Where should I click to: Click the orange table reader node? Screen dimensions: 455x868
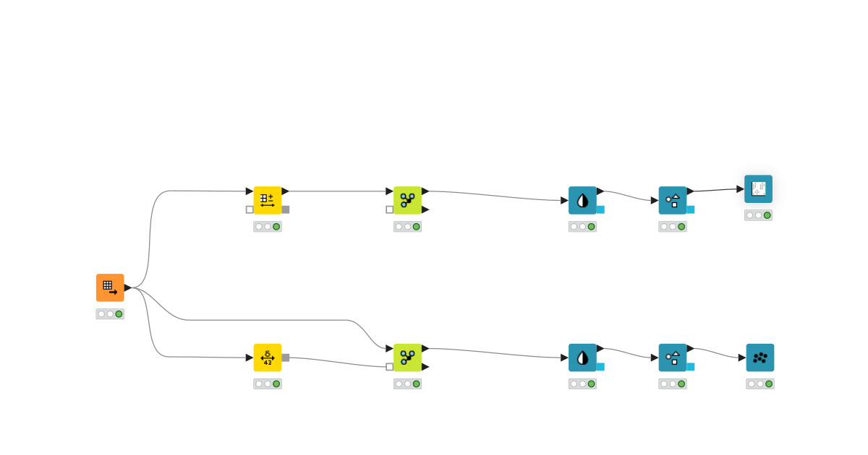pos(110,287)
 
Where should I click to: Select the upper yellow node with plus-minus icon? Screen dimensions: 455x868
pos(268,200)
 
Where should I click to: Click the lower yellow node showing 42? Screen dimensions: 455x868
pos(268,357)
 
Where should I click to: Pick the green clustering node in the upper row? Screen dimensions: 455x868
pos(407,200)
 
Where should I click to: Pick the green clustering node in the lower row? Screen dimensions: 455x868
pos(407,357)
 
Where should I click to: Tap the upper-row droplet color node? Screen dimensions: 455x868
pos(582,200)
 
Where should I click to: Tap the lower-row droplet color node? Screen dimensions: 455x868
pos(582,357)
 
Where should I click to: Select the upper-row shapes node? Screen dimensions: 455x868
pos(673,200)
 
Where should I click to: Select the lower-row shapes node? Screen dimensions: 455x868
pos(673,357)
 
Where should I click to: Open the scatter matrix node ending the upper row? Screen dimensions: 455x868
pos(758,189)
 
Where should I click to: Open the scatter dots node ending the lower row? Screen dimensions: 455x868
pos(760,357)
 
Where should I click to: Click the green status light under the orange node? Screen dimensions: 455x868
pos(119,314)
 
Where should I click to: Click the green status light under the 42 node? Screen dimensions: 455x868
pos(276,384)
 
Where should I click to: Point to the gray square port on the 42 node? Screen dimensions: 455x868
pos(286,357)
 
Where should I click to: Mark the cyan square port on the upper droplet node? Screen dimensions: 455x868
pos(600,209)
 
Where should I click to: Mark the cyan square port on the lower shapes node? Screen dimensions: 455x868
pos(691,367)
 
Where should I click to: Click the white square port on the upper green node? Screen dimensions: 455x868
pos(390,209)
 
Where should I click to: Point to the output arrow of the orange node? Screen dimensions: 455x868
pos(128,287)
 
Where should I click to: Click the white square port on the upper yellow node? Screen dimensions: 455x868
pos(250,209)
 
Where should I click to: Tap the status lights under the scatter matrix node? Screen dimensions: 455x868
pos(758,215)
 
